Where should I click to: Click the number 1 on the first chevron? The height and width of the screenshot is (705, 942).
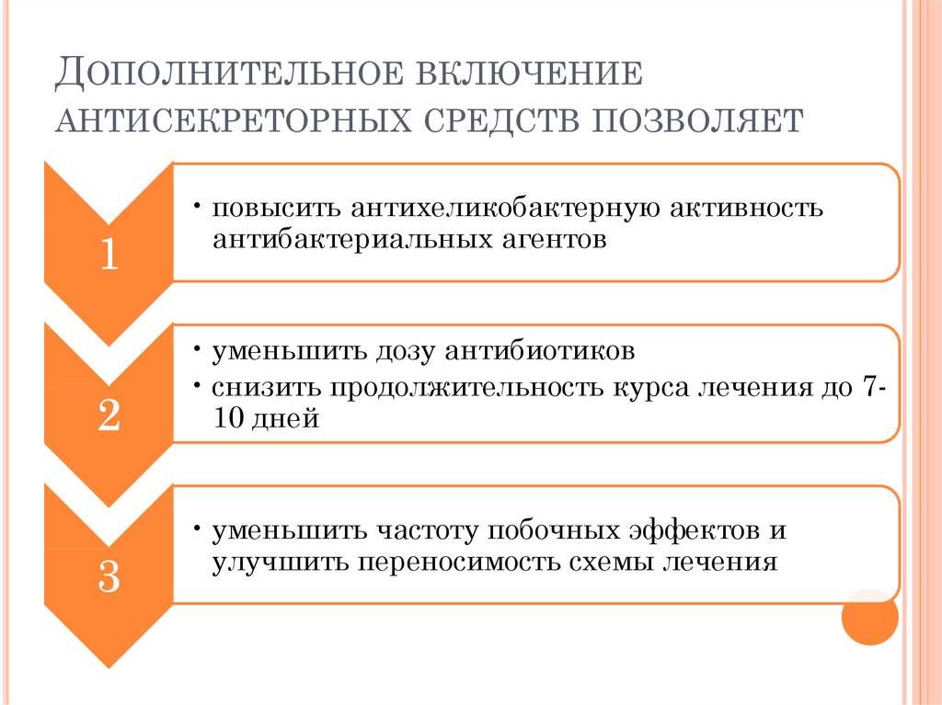[109, 255]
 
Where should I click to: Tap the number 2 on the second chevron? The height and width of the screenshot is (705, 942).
[109, 416]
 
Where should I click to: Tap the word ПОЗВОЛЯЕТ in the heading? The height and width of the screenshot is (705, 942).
[692, 120]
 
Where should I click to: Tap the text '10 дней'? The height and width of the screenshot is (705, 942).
[265, 419]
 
